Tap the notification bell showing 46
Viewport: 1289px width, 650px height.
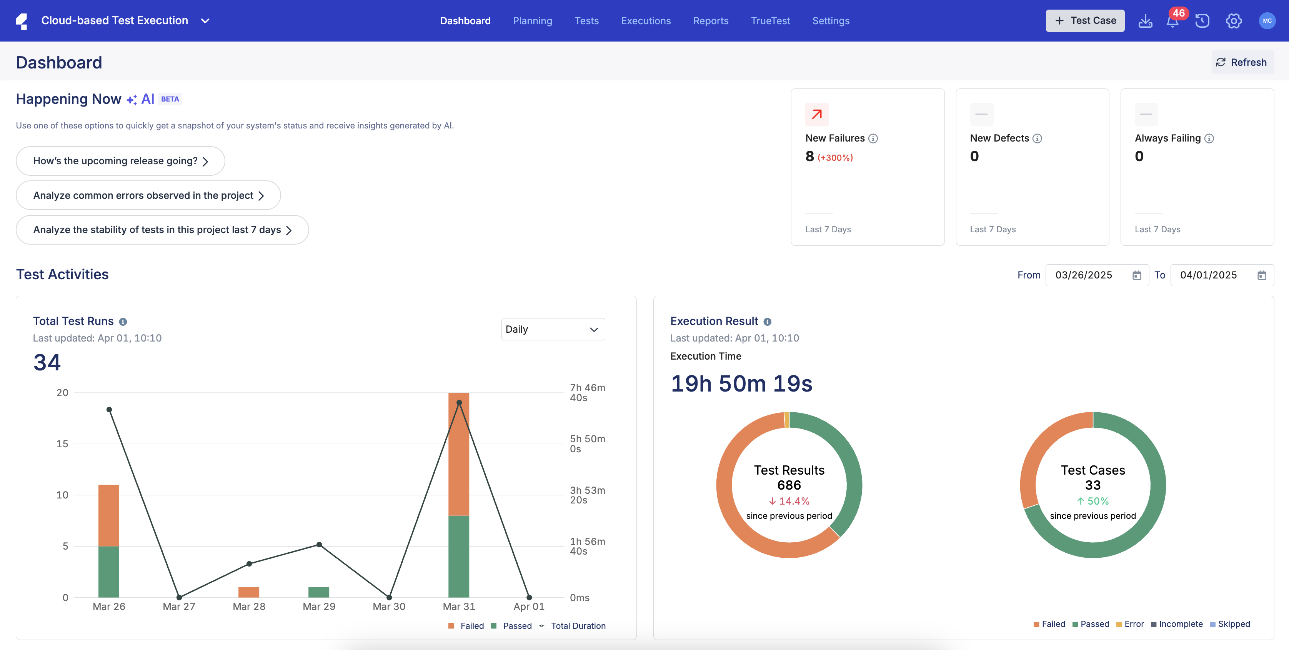[1172, 21]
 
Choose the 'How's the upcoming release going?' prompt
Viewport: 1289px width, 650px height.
[120, 161]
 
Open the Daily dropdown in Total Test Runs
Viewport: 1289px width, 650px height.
[553, 329]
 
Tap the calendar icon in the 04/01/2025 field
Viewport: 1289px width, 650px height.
[1261, 275]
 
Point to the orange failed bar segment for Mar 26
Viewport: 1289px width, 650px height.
[108, 515]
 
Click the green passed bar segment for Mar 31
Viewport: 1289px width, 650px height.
[459, 556]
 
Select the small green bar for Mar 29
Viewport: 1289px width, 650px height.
[319, 592]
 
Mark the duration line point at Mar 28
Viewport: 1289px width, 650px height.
[249, 563]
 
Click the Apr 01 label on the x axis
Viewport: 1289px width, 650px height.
[529, 607]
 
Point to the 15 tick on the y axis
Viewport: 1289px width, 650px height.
[62, 444]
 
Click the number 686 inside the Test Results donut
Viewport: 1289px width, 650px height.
[789, 485]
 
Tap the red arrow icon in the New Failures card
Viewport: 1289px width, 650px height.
[817, 115]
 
